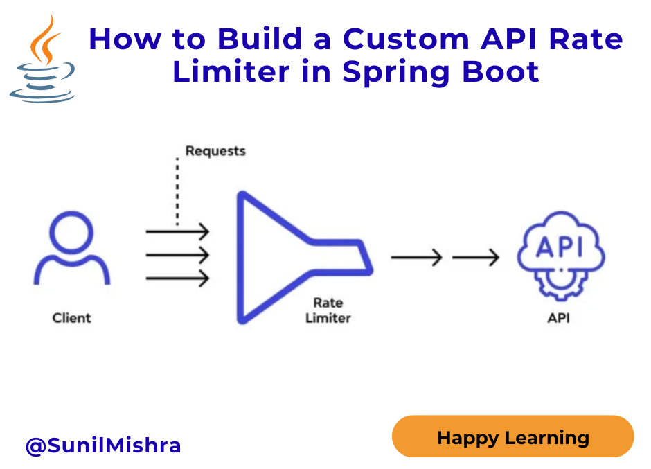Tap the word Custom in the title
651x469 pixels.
tap(406, 39)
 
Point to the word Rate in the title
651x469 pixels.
tap(586, 39)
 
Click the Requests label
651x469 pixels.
tap(215, 151)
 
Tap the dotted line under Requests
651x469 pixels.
tap(177, 191)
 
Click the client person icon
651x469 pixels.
tap(71, 248)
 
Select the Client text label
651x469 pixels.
tap(71, 318)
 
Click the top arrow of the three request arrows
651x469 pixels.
tap(177, 231)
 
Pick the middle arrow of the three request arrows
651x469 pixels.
tap(177, 255)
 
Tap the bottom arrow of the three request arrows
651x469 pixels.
tap(177, 278)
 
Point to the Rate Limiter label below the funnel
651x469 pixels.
tap(328, 310)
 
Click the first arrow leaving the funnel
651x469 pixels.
tap(416, 258)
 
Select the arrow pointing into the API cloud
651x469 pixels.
tap(475, 258)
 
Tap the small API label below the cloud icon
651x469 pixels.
tap(558, 318)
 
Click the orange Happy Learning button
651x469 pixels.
tap(512, 436)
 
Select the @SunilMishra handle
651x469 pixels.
tap(103, 445)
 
